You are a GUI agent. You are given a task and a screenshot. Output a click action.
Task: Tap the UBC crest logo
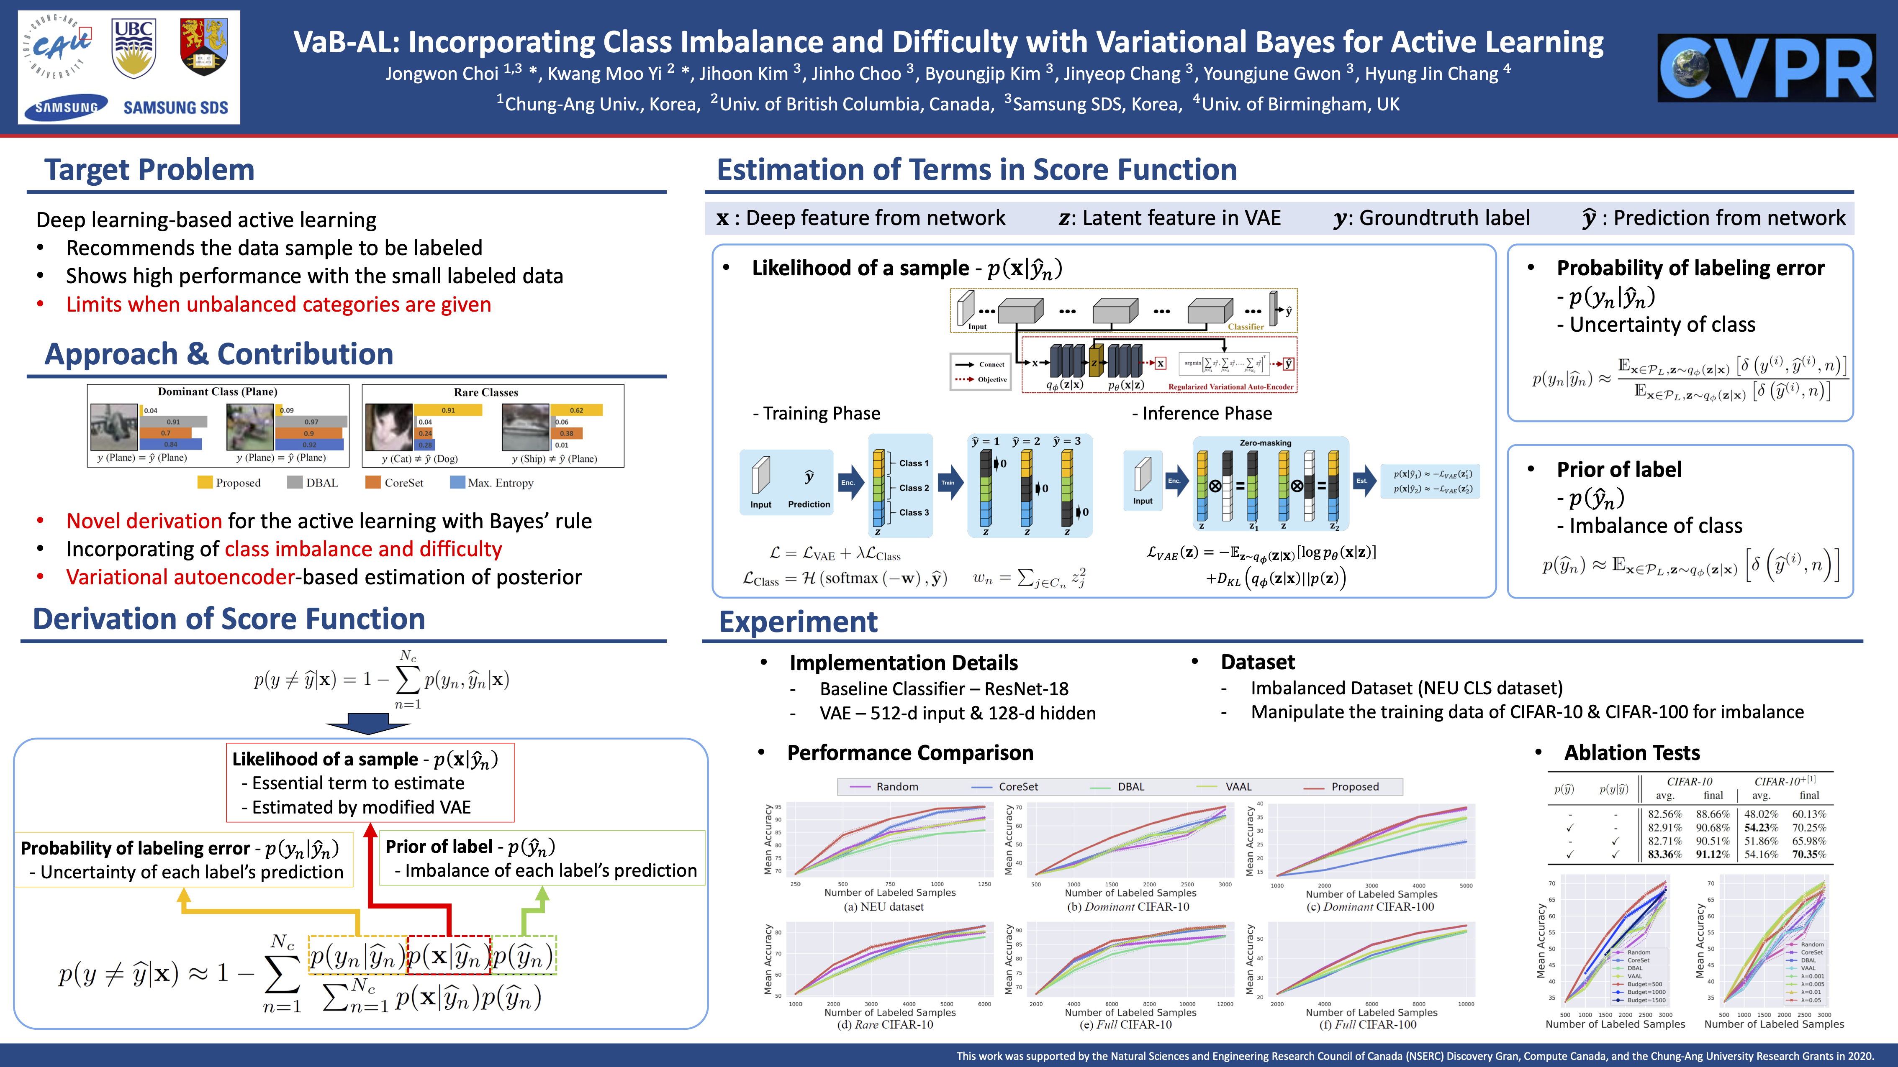tap(134, 48)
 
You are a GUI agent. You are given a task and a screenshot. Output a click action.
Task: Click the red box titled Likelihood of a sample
tap(370, 782)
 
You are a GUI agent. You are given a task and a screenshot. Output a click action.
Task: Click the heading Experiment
tap(798, 622)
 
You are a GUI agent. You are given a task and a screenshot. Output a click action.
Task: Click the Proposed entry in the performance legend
tap(1354, 786)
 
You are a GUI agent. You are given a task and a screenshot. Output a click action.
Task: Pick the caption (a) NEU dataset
tap(884, 906)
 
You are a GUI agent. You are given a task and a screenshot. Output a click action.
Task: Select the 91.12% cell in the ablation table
tap(1713, 854)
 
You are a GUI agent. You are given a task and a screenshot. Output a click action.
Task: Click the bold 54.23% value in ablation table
tap(1761, 828)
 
